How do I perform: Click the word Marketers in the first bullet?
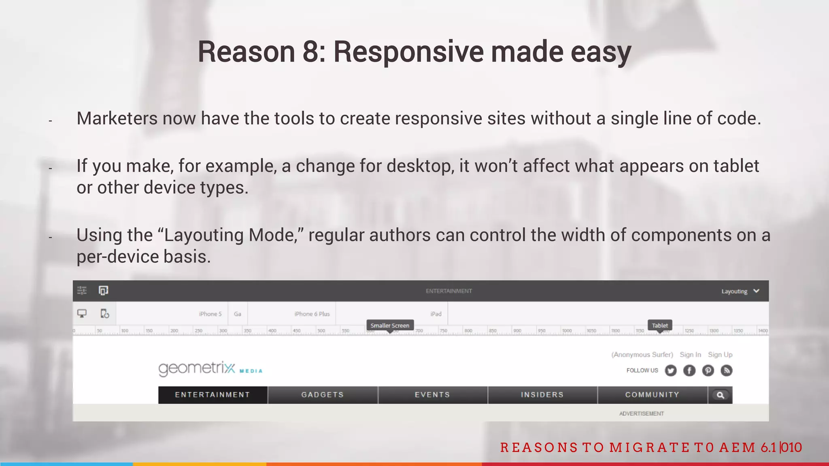(x=117, y=119)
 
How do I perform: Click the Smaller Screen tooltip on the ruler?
(x=390, y=326)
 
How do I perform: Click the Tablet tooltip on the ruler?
(x=660, y=326)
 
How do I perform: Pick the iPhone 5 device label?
(x=210, y=314)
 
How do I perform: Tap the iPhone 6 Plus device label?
(x=312, y=314)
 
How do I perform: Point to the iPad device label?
(x=436, y=314)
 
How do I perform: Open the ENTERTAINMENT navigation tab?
(x=213, y=395)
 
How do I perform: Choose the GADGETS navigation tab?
(x=323, y=395)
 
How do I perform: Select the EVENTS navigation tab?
(x=432, y=395)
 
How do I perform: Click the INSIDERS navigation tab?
(x=542, y=395)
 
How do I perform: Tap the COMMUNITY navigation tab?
(x=652, y=395)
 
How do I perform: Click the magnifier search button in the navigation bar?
(x=721, y=395)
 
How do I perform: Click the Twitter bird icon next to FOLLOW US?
(x=671, y=370)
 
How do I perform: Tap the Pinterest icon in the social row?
(x=708, y=370)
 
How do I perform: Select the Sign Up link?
(x=720, y=355)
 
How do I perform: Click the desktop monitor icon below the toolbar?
(x=82, y=313)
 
